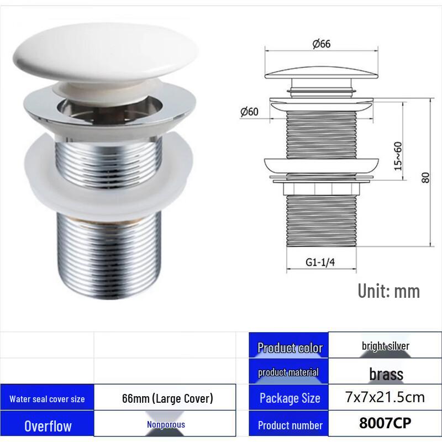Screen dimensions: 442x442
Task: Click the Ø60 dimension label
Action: [x=249, y=112]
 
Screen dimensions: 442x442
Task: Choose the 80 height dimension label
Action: [x=425, y=178]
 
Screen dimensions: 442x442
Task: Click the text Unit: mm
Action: [x=388, y=291]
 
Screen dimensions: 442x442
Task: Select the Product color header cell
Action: [x=290, y=348]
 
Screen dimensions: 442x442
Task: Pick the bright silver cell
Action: [x=386, y=346]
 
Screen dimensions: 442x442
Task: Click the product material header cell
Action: [x=288, y=372]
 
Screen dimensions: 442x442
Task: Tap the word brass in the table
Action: [x=386, y=374]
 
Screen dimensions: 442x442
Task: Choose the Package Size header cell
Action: [x=290, y=398]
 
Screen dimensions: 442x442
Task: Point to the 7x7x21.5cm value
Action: [x=386, y=397]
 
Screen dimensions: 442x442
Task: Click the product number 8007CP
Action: [x=386, y=424]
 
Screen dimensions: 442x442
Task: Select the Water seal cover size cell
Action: [x=47, y=399]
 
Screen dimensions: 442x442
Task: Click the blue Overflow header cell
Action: [x=48, y=426]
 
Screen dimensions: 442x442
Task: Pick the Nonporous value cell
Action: [x=166, y=425]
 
